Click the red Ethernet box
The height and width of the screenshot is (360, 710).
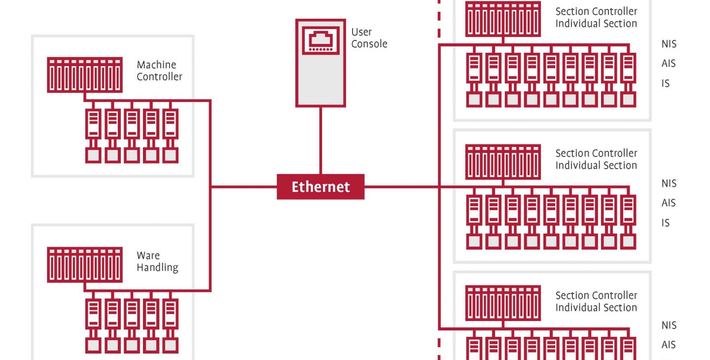pos(320,186)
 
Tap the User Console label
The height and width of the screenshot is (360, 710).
pos(369,37)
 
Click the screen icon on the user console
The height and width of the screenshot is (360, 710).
pos(320,40)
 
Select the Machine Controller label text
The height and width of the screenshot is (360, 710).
pos(159,71)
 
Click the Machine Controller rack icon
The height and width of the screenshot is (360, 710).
pos(85,75)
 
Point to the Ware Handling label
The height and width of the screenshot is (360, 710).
pos(157,261)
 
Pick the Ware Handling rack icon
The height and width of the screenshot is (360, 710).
pos(85,265)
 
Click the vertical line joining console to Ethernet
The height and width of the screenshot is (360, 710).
pos(320,141)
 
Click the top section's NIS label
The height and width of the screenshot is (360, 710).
pos(669,44)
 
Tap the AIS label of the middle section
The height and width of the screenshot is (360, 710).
pos(669,203)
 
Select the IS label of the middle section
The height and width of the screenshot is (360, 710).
pos(665,223)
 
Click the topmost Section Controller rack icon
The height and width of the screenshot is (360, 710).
pos(503,19)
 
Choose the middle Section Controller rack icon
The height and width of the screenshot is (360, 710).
pos(503,162)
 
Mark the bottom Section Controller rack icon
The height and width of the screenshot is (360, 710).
pos(503,303)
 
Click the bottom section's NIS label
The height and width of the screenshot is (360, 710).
pos(669,325)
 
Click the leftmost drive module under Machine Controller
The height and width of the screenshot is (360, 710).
pos(93,136)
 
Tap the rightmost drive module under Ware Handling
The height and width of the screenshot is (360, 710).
pos(170,326)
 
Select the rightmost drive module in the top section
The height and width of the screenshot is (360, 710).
pos(628,80)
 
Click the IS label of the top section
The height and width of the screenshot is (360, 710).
pos(665,83)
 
